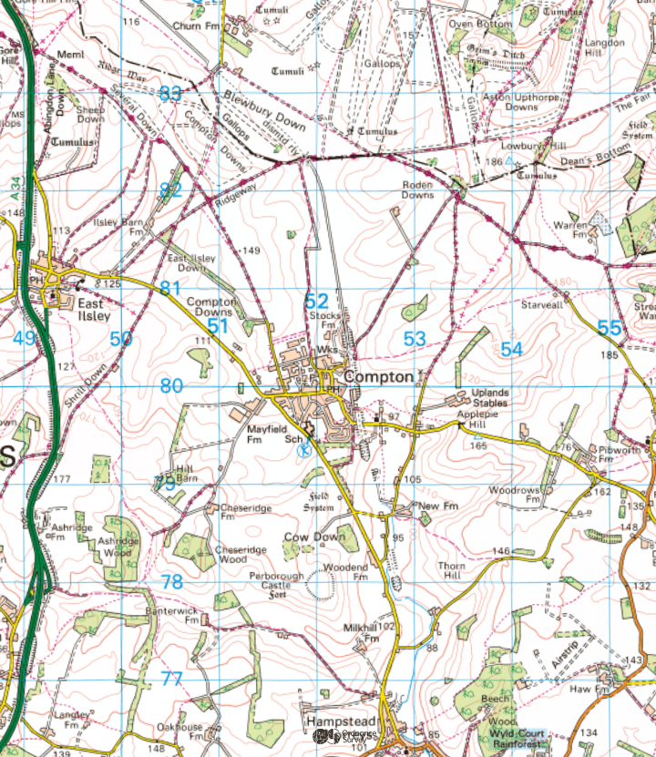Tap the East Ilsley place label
coord(93,310)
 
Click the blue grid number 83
coord(170,93)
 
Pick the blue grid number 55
coord(610,328)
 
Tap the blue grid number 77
coord(171,678)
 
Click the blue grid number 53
coord(415,339)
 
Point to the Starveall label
coord(541,306)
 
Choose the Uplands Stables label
coord(490,398)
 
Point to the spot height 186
coord(494,161)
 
